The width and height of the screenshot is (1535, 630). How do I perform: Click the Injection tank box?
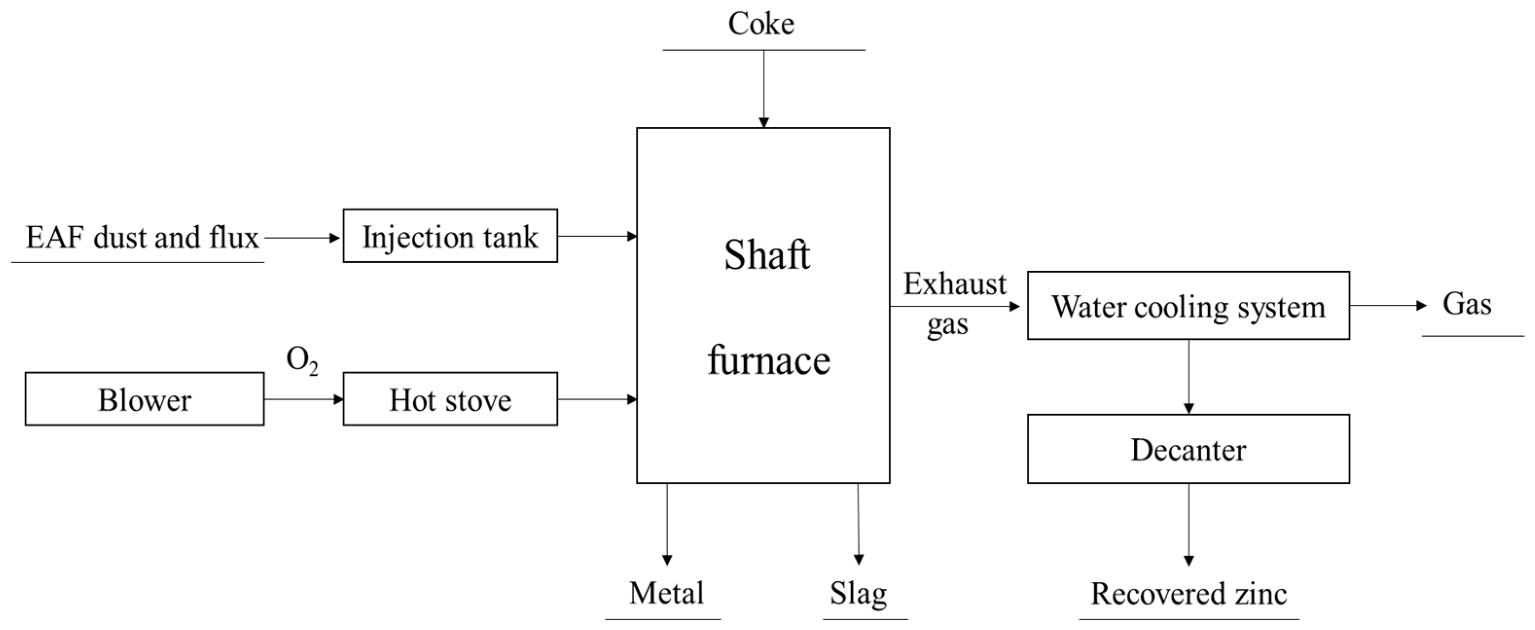point(450,236)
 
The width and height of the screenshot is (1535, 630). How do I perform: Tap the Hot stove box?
point(450,399)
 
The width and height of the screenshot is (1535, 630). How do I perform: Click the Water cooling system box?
point(1188,306)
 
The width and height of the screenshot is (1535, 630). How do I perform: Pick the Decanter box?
point(1188,449)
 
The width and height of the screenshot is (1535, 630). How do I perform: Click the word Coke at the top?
point(761,24)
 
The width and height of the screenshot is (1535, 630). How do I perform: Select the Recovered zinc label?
point(1188,594)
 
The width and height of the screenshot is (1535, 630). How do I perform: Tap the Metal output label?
point(666,593)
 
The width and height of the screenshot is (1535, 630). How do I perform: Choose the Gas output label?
point(1466,304)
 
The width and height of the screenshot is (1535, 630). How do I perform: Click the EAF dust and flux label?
point(142,238)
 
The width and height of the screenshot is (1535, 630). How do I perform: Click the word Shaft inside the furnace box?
point(767,255)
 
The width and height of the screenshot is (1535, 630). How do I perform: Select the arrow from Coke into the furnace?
point(763,89)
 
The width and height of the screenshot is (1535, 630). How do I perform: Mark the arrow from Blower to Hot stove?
point(303,399)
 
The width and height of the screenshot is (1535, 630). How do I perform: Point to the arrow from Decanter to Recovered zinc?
point(1188,524)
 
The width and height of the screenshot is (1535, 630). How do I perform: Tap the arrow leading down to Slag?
point(858,524)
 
